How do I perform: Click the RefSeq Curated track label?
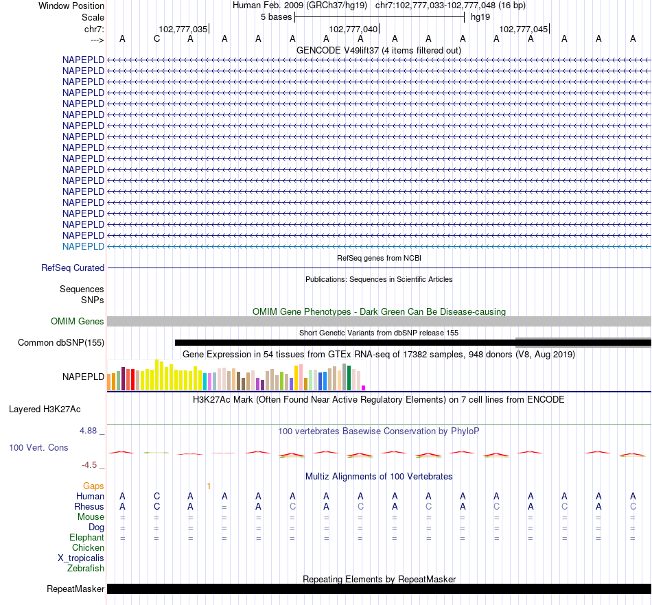click(x=73, y=268)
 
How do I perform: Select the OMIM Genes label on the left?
click(x=78, y=321)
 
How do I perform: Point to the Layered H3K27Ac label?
click(x=45, y=410)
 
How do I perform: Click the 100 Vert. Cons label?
click(x=39, y=447)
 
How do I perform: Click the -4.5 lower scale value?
click(x=90, y=464)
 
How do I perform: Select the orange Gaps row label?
click(x=93, y=486)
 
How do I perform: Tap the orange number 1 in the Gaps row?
click(x=209, y=486)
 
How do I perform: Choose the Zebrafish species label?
click(x=86, y=568)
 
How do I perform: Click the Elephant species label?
click(x=86, y=537)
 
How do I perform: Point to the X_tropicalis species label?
click(x=81, y=558)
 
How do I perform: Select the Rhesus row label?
click(x=89, y=506)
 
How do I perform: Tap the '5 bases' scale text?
click(x=276, y=16)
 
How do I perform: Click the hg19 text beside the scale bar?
click(x=480, y=16)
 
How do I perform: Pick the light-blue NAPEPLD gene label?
click(x=83, y=246)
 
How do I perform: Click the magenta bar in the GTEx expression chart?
click(x=364, y=388)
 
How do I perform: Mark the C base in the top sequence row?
click(x=156, y=38)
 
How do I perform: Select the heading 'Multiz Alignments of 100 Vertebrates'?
click(x=379, y=476)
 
